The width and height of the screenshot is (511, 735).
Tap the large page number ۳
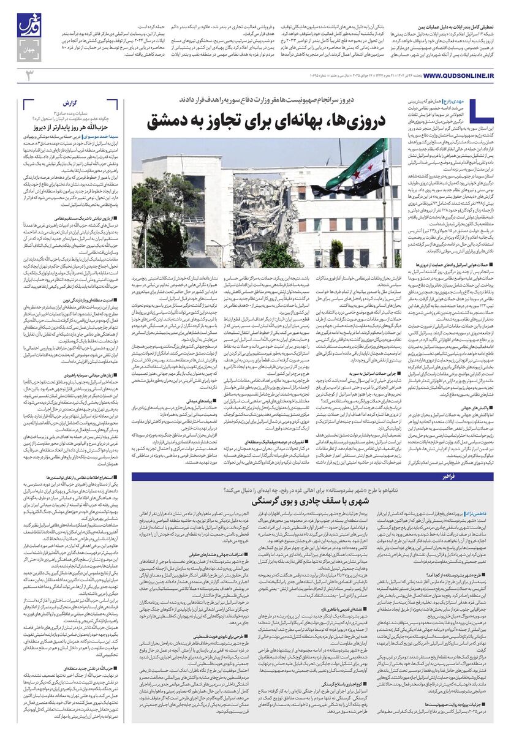tap(28, 75)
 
